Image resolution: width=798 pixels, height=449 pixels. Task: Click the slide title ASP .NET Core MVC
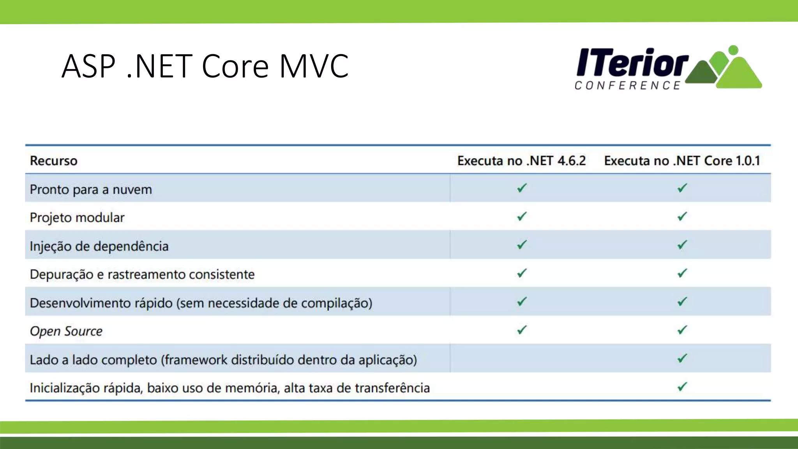[205, 66]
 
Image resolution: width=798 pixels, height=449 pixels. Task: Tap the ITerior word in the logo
[632, 62]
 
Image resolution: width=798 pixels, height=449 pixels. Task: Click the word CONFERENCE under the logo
[627, 85]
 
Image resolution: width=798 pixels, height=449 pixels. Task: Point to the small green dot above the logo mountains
[733, 50]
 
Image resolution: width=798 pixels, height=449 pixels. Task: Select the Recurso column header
[53, 161]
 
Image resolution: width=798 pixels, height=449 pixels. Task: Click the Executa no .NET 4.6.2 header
[521, 161]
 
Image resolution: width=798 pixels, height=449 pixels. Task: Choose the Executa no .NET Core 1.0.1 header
[682, 161]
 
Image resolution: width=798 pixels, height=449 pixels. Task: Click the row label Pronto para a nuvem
[91, 189]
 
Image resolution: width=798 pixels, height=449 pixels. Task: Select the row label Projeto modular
[77, 217]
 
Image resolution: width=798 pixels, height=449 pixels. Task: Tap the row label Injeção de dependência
[99, 246]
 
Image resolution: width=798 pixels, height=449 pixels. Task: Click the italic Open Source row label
[66, 331]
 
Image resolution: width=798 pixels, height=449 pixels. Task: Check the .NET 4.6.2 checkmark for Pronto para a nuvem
[522, 188]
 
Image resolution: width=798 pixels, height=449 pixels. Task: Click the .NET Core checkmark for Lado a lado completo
[682, 358]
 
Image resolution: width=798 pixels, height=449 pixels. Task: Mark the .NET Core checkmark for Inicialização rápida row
[682, 387]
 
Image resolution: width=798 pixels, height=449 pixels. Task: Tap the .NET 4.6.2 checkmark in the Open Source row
[522, 330]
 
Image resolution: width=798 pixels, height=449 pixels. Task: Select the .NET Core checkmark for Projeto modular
[682, 216]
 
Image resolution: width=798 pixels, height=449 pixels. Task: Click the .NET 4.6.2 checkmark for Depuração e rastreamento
[522, 273]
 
